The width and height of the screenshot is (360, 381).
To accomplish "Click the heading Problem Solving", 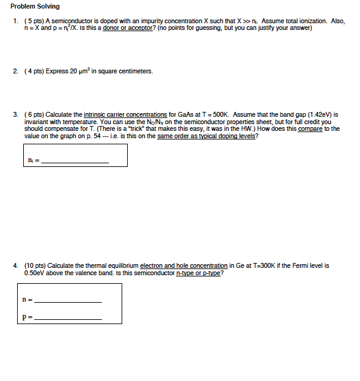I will click(x=35, y=7).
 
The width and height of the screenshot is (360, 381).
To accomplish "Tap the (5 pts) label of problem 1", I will click(x=33, y=21).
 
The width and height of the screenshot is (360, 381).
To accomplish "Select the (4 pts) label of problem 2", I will click(x=33, y=72).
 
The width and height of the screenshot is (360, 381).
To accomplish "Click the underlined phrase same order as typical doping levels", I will click(x=207, y=136).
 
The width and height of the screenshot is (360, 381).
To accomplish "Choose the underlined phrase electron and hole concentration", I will click(x=183, y=265).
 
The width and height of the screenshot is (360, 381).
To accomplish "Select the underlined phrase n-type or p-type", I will click(x=197, y=273).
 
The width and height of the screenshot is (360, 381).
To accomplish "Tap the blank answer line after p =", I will click(x=68, y=319).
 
